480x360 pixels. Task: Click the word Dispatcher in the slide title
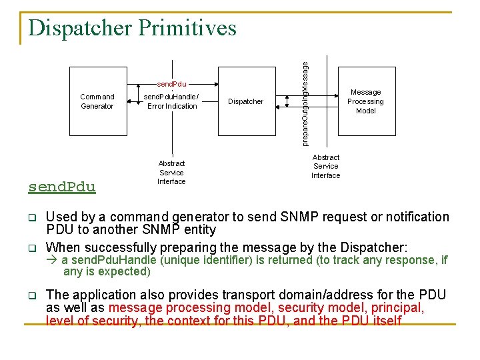click(x=79, y=28)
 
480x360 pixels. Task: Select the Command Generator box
click(x=97, y=101)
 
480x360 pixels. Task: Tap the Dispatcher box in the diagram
click(x=245, y=101)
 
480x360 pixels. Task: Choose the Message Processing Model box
click(x=365, y=101)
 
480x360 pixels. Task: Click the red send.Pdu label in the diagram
click(x=171, y=85)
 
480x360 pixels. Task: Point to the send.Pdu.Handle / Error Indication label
click(x=172, y=101)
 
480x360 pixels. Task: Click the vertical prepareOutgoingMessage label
click(x=305, y=103)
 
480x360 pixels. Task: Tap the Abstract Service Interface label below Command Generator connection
click(x=171, y=172)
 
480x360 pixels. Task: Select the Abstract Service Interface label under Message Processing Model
click(x=325, y=167)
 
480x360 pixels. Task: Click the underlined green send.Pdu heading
click(x=62, y=187)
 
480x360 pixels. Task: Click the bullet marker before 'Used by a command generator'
click(x=31, y=217)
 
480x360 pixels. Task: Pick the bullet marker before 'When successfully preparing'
click(x=31, y=248)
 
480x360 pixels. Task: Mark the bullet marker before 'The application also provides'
click(x=31, y=295)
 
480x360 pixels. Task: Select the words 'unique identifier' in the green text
click(x=215, y=260)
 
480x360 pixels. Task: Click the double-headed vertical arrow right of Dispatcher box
click(x=287, y=101)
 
